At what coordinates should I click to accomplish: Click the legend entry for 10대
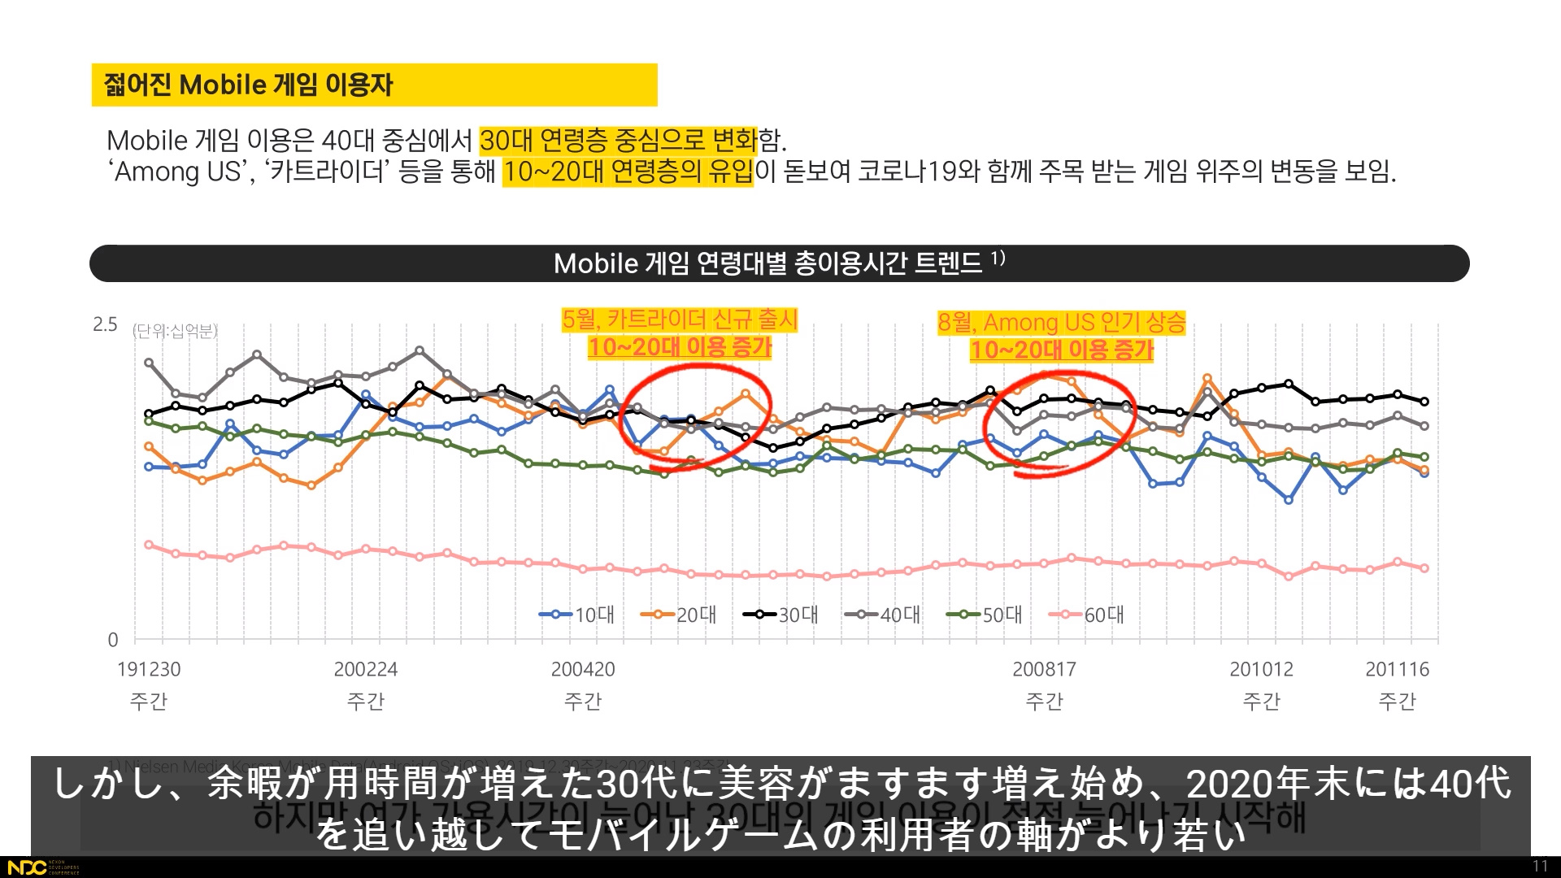(x=577, y=615)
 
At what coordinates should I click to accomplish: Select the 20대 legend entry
(x=679, y=615)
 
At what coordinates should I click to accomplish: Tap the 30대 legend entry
(x=780, y=615)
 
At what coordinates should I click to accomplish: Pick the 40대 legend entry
(x=883, y=615)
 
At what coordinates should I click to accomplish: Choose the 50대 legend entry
(x=985, y=615)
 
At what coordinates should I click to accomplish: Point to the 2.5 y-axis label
(x=105, y=325)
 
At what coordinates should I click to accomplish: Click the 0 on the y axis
(x=113, y=640)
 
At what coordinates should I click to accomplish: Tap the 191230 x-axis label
(x=149, y=670)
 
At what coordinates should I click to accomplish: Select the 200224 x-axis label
(x=366, y=670)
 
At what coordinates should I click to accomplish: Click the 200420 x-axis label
(x=583, y=670)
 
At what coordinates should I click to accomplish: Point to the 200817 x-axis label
(x=1044, y=670)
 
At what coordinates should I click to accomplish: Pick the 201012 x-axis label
(x=1261, y=670)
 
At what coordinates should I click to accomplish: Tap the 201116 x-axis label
(x=1397, y=670)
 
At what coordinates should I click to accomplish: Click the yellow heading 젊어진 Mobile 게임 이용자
(x=249, y=85)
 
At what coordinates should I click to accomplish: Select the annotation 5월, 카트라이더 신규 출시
(x=680, y=319)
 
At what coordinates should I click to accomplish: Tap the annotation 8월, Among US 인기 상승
(x=1061, y=323)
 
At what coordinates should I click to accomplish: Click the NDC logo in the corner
(x=27, y=867)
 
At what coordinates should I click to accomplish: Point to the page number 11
(x=1540, y=866)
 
